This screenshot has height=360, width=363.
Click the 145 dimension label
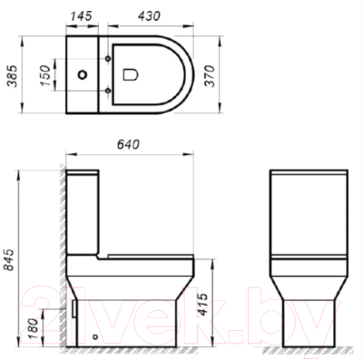point(84,15)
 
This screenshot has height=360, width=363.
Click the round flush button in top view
point(84,73)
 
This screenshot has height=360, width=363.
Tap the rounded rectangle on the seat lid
point(131,73)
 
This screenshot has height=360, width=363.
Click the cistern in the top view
point(84,54)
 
